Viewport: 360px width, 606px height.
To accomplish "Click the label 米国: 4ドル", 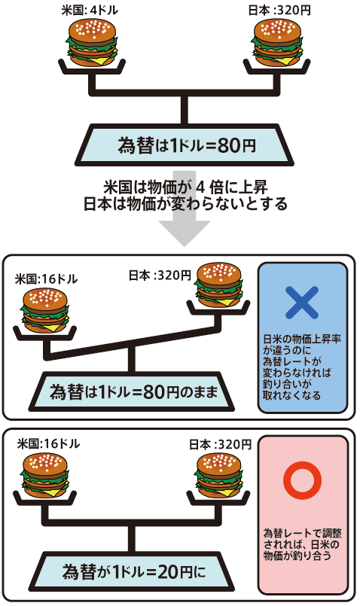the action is pyautogui.click(x=90, y=10).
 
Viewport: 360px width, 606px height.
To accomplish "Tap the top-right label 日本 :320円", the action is pyautogui.click(x=279, y=10).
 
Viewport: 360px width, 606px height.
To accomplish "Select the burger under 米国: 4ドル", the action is pyautogui.click(x=92, y=42).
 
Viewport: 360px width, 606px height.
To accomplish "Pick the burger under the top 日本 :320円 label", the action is pyautogui.click(x=277, y=42).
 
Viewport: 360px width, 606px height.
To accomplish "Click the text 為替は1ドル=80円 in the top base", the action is pyautogui.click(x=187, y=146).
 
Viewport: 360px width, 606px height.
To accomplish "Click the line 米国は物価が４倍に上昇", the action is pyautogui.click(x=185, y=187).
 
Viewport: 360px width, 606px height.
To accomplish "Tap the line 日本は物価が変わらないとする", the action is pyautogui.click(x=185, y=204).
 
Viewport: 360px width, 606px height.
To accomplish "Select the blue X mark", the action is pyautogui.click(x=302, y=303).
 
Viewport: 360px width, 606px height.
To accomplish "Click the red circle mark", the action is pyautogui.click(x=302, y=480).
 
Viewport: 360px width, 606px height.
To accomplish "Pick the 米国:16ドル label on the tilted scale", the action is pyautogui.click(x=46, y=279).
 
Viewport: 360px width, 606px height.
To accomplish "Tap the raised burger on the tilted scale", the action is pyautogui.click(x=219, y=286).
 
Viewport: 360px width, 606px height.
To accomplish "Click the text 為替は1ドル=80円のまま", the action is pyautogui.click(x=134, y=392).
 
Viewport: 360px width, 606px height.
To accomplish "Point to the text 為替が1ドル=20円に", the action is pyautogui.click(x=134, y=571).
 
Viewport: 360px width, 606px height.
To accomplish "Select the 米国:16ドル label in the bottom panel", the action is pyautogui.click(x=48, y=443).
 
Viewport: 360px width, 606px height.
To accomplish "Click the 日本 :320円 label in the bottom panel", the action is pyautogui.click(x=221, y=444).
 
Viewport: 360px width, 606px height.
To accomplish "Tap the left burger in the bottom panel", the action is pyautogui.click(x=45, y=476).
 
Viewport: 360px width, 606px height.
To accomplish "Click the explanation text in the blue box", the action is pyautogui.click(x=302, y=367).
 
